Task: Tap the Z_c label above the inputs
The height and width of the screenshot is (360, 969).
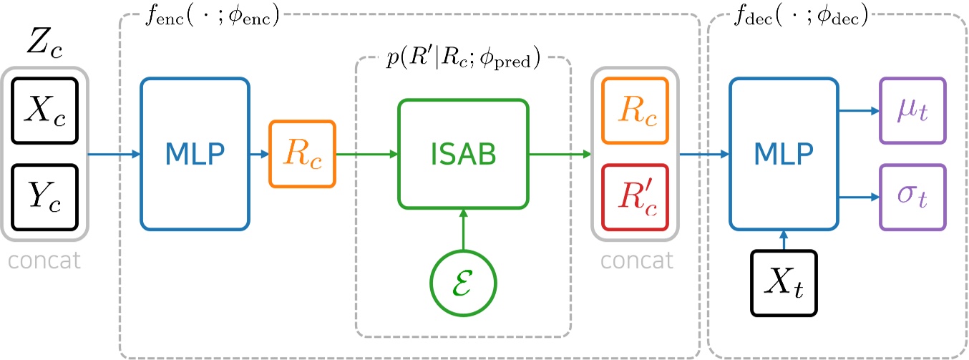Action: coord(44,44)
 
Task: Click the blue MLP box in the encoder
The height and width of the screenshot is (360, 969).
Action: coord(195,154)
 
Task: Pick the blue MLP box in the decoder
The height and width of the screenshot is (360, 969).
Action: coord(784,154)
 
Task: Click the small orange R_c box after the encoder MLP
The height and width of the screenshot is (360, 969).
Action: coord(301,154)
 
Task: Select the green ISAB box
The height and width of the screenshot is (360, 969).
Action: coord(463,154)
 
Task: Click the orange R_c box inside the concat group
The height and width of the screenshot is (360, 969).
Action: coord(635,110)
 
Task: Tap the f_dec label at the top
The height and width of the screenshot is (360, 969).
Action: coord(802,15)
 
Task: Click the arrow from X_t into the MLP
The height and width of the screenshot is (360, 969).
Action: coord(784,240)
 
